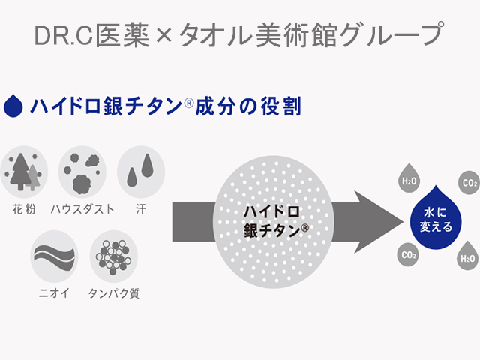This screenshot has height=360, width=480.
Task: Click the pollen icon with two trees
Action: (x=24, y=172)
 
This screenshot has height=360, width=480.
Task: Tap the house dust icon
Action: (x=82, y=172)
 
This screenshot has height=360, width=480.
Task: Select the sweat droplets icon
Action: (x=141, y=172)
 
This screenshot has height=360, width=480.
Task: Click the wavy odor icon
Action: (x=54, y=256)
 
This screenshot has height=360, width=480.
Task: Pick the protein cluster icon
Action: (x=113, y=256)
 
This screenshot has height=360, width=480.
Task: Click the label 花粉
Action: (x=24, y=209)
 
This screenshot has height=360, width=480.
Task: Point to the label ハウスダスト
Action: (x=82, y=209)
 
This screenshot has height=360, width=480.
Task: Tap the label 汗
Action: (x=141, y=209)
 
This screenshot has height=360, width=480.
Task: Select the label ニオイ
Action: (x=54, y=293)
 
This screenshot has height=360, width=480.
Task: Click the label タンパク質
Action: (x=113, y=293)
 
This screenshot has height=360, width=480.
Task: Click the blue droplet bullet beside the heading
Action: (x=13, y=106)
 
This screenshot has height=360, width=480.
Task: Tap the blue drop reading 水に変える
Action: (x=436, y=218)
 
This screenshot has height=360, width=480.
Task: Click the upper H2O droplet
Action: (x=409, y=179)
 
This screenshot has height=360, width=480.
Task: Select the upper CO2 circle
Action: (x=469, y=183)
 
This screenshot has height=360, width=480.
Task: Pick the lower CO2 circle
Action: (x=408, y=255)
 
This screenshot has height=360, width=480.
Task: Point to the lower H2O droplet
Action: (x=468, y=256)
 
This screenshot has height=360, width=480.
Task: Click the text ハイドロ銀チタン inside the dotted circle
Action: (x=275, y=222)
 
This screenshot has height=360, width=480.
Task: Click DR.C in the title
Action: (x=64, y=35)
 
